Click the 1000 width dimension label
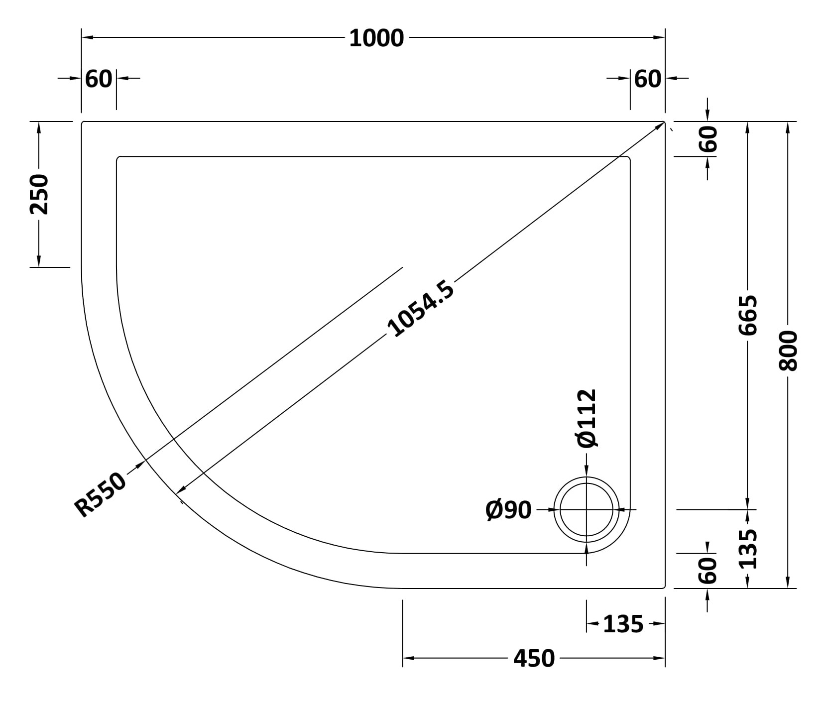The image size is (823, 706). pos(376,38)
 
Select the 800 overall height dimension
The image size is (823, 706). pos(788,351)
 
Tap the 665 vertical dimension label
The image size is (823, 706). pos(747,315)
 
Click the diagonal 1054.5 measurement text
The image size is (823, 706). pos(421,309)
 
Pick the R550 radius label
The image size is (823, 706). pos(100,494)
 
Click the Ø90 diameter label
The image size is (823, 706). pos(508,510)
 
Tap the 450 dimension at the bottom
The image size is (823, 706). pos(534,658)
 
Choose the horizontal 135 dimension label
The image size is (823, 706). pos(623,624)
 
